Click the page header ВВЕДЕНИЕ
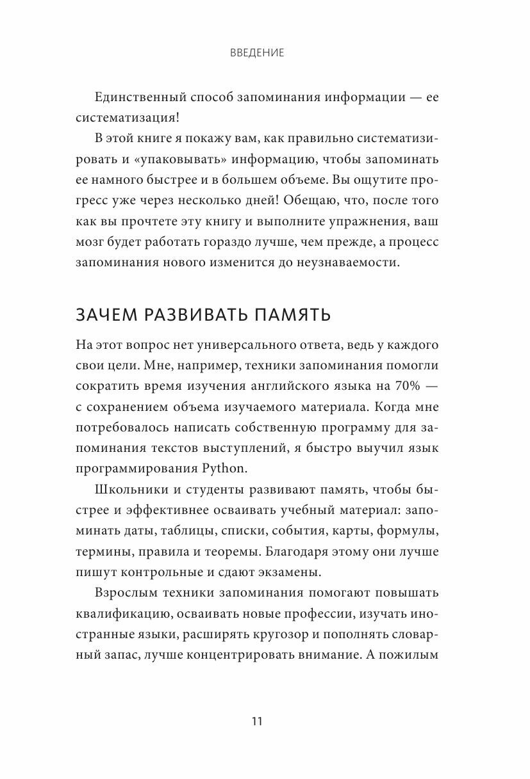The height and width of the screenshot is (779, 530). click(x=257, y=53)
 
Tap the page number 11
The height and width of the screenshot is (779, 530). click(x=257, y=721)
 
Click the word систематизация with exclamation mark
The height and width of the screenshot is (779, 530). click(x=128, y=119)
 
